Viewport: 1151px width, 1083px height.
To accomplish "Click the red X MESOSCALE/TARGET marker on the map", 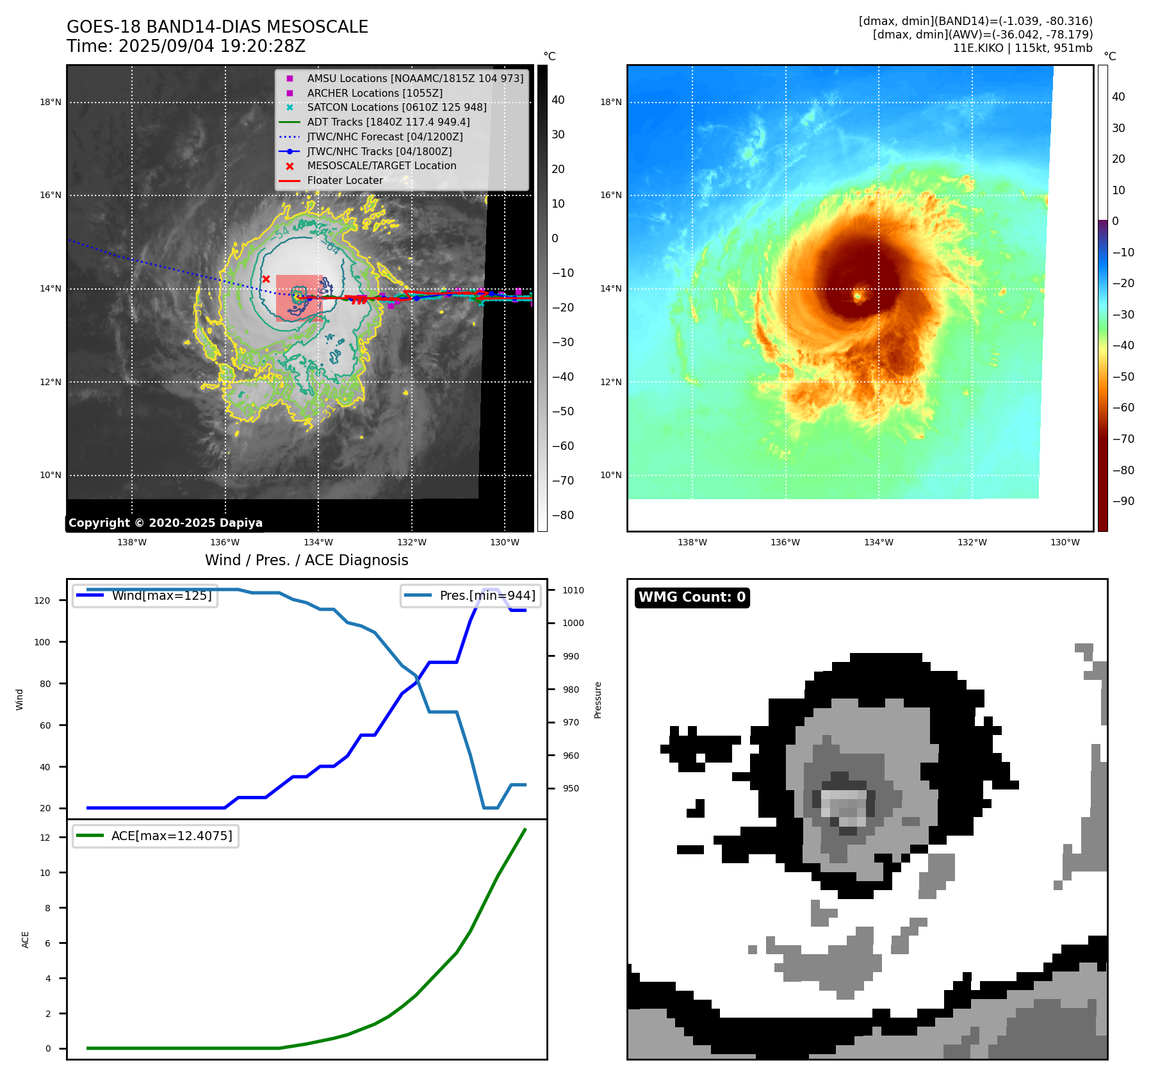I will (266, 279).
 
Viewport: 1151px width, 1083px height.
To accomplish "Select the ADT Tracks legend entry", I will (388, 122).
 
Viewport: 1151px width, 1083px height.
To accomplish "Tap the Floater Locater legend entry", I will (345, 180).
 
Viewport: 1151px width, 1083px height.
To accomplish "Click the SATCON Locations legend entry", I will (396, 107).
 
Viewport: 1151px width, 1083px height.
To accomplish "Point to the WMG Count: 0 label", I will (692, 597).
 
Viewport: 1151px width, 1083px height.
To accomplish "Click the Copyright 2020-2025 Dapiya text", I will (165, 523).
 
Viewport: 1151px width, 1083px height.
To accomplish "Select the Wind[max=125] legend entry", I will (161, 595).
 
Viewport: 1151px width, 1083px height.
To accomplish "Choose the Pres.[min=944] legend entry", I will (487, 595).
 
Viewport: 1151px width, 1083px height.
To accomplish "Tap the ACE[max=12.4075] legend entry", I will (171, 836).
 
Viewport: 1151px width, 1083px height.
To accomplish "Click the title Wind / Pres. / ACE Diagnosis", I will (306, 560).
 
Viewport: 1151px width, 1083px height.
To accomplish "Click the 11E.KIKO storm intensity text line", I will (1022, 48).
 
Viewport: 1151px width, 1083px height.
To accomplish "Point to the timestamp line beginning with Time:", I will (186, 46).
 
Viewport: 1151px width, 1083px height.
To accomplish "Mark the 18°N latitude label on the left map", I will (51, 102).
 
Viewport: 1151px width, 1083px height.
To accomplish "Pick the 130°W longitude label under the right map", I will (1065, 542).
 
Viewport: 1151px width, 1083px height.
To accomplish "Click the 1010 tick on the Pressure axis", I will (573, 590).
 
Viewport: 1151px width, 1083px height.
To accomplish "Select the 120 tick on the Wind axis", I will (42, 600).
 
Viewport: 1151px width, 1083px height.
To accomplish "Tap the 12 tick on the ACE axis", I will (45, 838).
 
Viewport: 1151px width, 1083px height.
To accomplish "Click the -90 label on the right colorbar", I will (1123, 501).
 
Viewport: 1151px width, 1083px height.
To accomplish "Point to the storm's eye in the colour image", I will (858, 295).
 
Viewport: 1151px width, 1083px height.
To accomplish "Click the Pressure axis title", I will (598, 700).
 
